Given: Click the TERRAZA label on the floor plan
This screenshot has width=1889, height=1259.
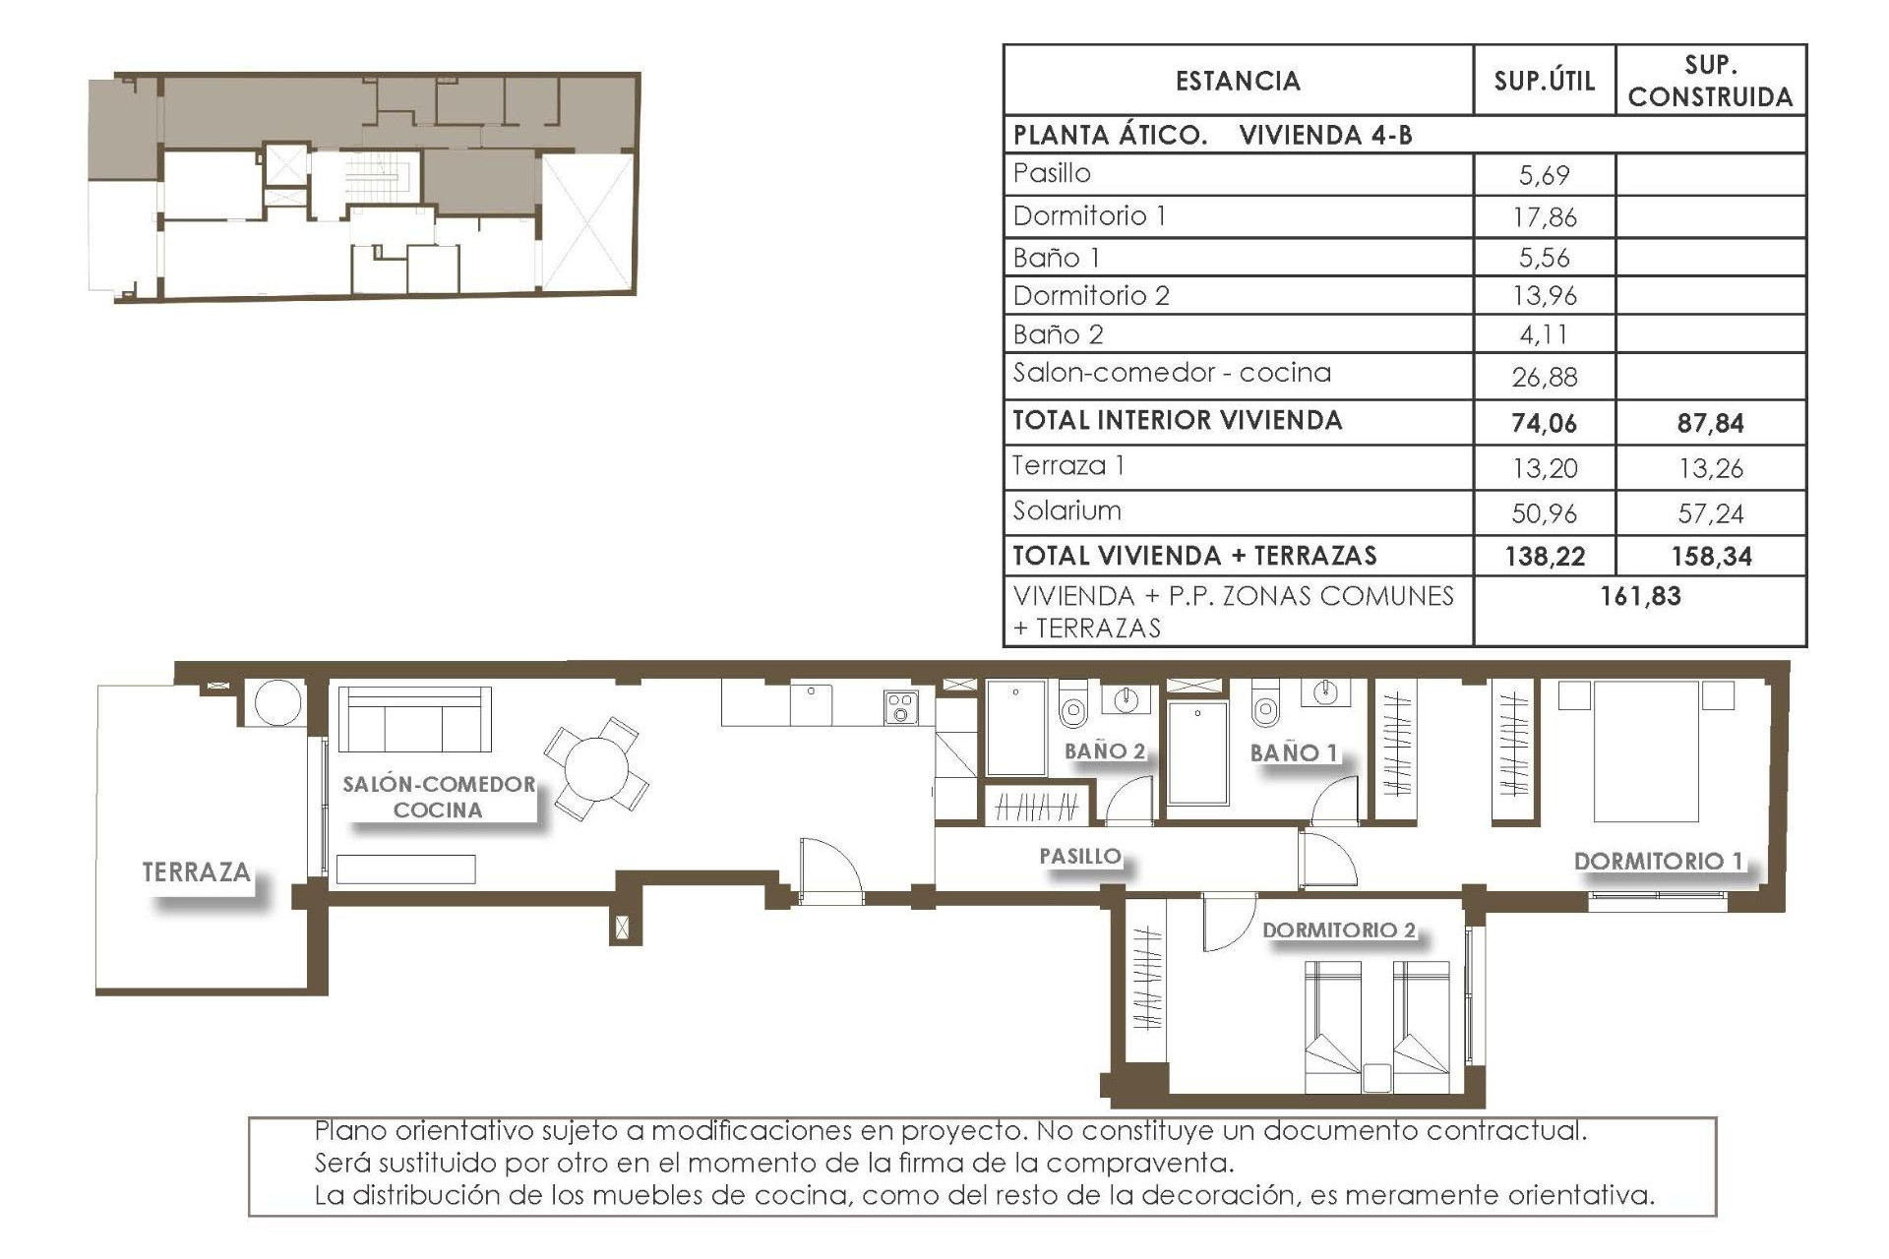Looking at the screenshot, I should pyautogui.click(x=196, y=871).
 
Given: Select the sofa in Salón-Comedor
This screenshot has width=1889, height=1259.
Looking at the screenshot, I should pyautogui.click(x=414, y=719).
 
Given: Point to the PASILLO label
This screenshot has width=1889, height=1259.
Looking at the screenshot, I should pyautogui.click(x=1080, y=856).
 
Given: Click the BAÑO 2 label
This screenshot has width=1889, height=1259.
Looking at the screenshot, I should pyautogui.click(x=1105, y=750).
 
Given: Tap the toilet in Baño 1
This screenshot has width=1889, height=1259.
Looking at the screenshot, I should pyautogui.click(x=1266, y=706).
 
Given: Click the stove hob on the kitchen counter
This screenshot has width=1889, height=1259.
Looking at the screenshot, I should pyautogui.click(x=900, y=707).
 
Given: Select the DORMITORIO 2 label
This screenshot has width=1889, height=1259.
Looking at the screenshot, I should pyautogui.click(x=1338, y=929).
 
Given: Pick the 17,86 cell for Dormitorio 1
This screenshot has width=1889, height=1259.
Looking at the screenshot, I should pyautogui.click(x=1544, y=217).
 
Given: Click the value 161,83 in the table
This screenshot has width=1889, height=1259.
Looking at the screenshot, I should pyautogui.click(x=1640, y=596).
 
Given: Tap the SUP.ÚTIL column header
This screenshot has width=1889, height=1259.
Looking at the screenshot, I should pyautogui.click(x=1544, y=81).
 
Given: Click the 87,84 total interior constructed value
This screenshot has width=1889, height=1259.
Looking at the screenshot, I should pyautogui.click(x=1710, y=423).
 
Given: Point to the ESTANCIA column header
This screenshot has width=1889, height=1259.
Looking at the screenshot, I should pyautogui.click(x=1238, y=81).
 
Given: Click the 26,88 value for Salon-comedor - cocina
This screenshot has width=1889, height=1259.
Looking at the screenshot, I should pyautogui.click(x=1544, y=377).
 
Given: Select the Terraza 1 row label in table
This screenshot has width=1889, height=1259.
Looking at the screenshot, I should pyautogui.click(x=1068, y=465).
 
